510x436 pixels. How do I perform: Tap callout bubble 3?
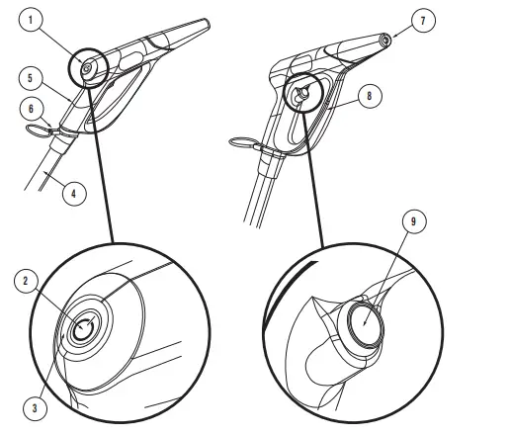pyautogui.click(x=37, y=406)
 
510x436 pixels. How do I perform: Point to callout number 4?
pyautogui.click(x=71, y=195)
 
